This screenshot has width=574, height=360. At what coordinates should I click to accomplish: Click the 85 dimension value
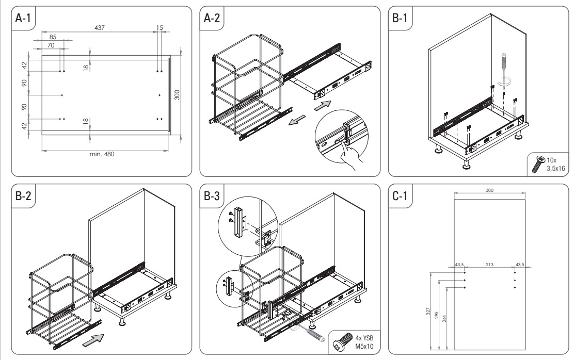click(x=53, y=37)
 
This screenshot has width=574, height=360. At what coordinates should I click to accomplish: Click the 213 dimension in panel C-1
click(x=490, y=265)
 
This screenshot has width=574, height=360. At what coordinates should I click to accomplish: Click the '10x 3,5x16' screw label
click(x=554, y=162)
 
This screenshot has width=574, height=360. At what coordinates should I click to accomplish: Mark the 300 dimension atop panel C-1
click(x=490, y=190)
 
